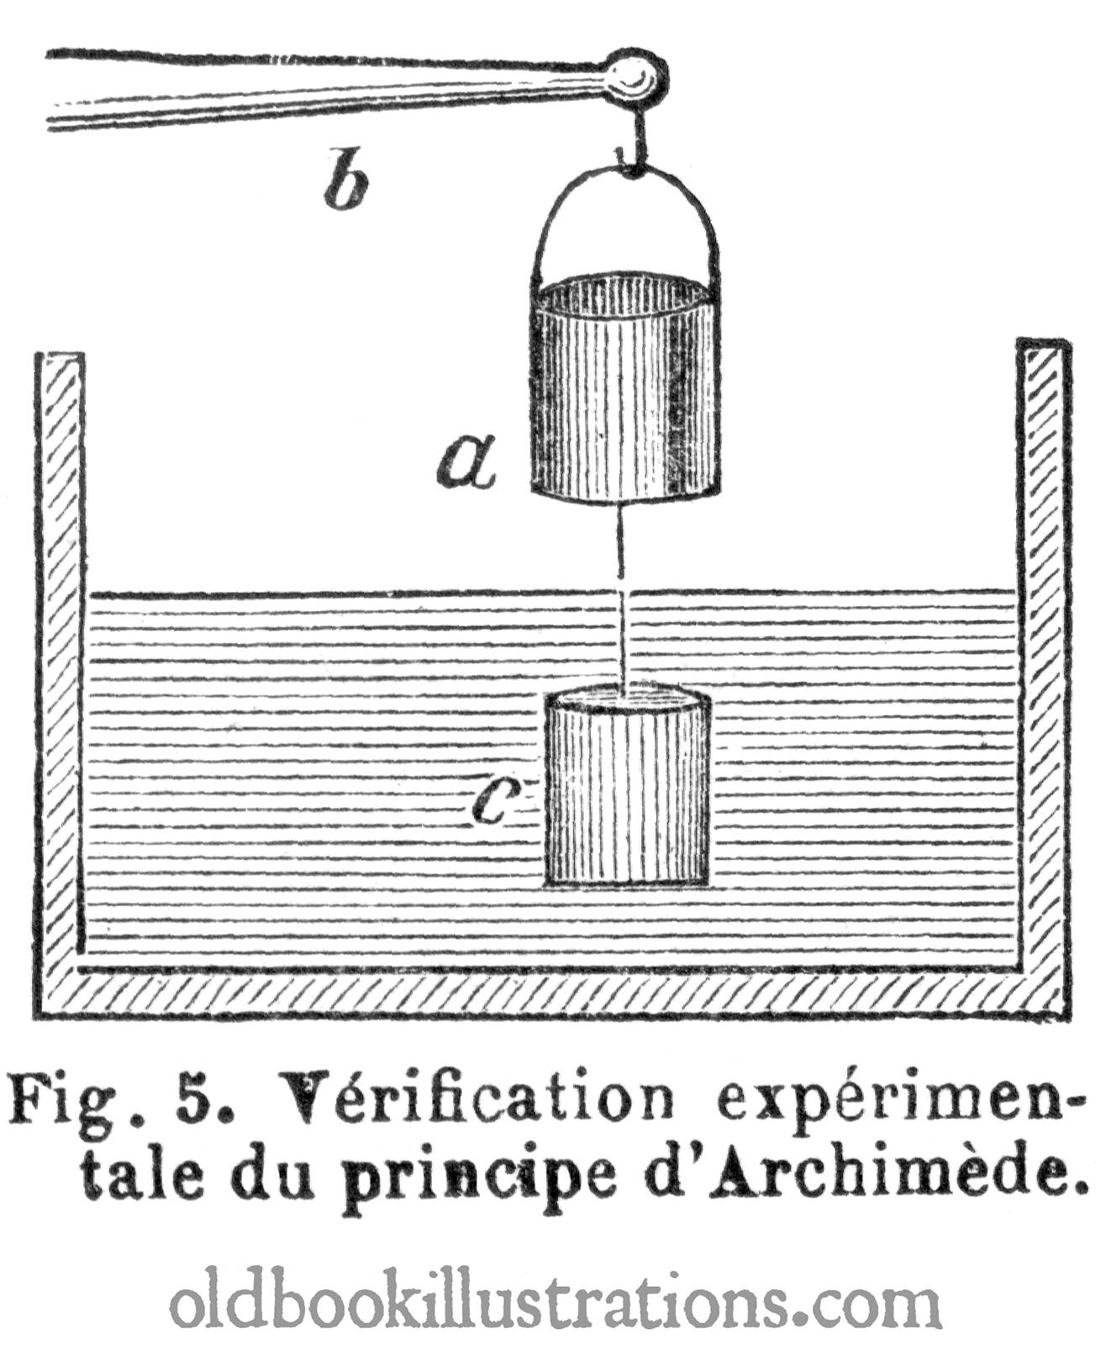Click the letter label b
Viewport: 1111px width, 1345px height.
pos(346,178)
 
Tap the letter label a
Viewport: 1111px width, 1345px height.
pos(466,462)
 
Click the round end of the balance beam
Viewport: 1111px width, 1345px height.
pos(635,77)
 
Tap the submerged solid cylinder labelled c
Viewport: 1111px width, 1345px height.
pos(627,785)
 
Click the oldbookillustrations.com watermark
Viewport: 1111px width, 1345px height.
pos(555,1298)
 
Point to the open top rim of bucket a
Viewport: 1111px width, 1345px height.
pos(625,294)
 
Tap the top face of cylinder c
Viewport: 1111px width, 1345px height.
pos(627,699)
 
